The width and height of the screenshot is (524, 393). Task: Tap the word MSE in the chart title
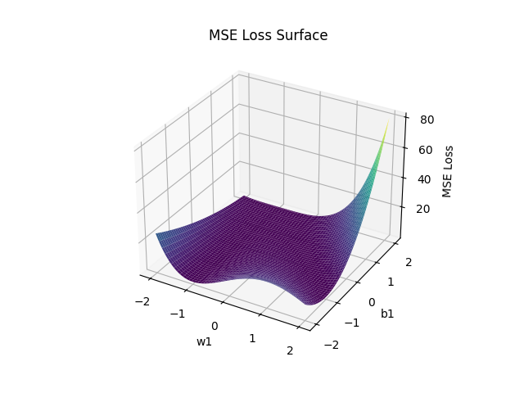point(224,35)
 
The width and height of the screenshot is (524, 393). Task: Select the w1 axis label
point(204,341)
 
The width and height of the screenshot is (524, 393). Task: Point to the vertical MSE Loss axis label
point(447,171)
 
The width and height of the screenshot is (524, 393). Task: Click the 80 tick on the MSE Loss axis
point(427,119)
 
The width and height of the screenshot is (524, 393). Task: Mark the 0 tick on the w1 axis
point(215,326)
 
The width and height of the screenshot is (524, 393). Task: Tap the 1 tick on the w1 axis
point(253,338)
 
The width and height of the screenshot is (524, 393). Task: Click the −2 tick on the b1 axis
point(332,345)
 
